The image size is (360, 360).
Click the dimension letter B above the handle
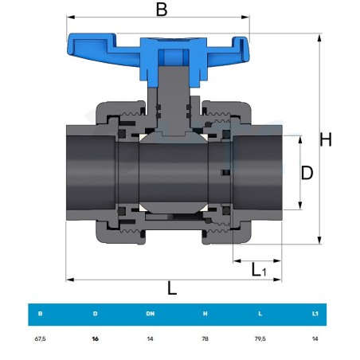(x=162, y=10)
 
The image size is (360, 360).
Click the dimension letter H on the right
(x=326, y=139)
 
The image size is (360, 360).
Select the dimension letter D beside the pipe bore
(x=307, y=173)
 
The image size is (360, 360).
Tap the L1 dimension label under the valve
(x=258, y=270)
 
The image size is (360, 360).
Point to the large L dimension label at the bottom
(x=172, y=288)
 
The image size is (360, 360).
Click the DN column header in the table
(x=151, y=314)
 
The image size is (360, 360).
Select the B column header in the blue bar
(x=41, y=314)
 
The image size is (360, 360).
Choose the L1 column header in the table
(x=315, y=314)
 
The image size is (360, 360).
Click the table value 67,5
(x=41, y=338)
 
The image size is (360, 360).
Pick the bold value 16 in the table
(x=96, y=338)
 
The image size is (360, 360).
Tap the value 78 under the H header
(x=205, y=338)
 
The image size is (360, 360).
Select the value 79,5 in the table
(x=260, y=338)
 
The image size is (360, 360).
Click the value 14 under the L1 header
(x=315, y=338)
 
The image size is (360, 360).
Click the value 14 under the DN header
(x=151, y=338)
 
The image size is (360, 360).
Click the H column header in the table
(x=205, y=314)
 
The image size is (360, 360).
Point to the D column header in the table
(x=96, y=314)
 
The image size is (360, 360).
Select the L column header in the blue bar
(x=260, y=314)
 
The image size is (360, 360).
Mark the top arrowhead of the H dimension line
(x=319, y=37)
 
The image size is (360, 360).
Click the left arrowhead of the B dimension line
(x=71, y=18)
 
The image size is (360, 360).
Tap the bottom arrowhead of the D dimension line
(x=300, y=205)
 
